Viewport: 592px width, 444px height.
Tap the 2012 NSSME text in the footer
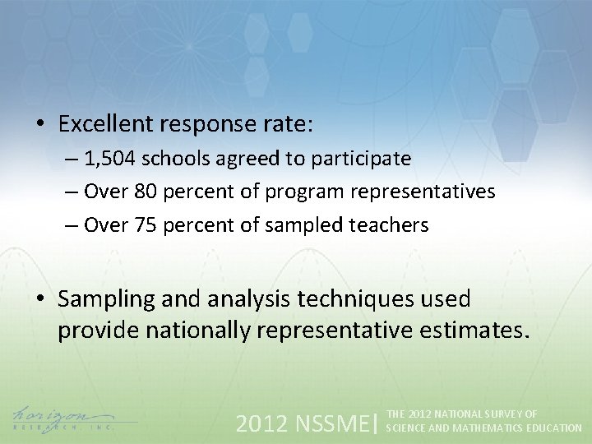click(303, 423)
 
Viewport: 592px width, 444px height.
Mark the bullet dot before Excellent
click(39, 125)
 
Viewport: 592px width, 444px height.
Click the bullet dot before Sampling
click(39, 300)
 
